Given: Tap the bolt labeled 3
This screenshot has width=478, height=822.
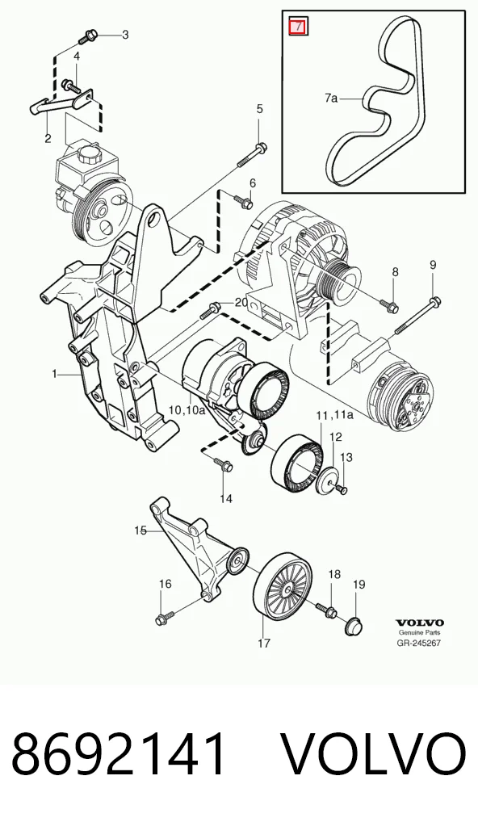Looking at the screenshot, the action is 86,37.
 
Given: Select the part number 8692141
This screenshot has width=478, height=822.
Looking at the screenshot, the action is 119,754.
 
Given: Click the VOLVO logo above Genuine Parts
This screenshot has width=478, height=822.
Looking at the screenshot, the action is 419,623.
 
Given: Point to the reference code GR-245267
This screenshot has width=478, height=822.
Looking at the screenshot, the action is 419,642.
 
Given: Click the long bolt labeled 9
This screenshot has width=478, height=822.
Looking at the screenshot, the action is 416,316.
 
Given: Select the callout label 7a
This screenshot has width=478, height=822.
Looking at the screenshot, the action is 331,98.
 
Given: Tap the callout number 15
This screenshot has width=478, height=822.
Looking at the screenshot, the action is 140,531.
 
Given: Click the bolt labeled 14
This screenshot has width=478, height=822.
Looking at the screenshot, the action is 222,463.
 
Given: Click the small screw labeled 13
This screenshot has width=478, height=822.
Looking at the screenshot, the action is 342,489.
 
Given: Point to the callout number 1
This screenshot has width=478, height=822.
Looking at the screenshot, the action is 55,374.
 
